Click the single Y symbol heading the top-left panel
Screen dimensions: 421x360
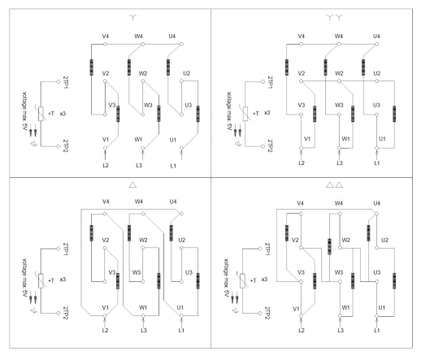pos(132,18)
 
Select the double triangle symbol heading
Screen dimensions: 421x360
pos(335,184)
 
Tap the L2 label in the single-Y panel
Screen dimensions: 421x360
pos(106,165)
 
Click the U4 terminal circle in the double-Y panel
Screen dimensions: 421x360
pos(377,44)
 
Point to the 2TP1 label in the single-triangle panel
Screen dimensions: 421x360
pos(65,249)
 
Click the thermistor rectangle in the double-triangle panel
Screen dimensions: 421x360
pos(242,281)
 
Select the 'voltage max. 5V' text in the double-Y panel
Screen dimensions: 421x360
pos(229,111)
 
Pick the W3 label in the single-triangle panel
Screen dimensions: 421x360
pos(137,272)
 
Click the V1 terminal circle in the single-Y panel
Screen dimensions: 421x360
pos(105,148)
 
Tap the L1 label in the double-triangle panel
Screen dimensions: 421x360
pos(377,330)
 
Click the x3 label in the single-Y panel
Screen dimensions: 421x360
pos(63,114)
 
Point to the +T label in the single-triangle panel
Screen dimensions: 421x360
pos(51,280)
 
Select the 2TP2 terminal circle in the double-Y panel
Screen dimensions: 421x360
pos(263,146)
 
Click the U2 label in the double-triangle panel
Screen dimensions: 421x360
pos(384,240)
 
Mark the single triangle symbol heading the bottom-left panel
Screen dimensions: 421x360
pos(132,184)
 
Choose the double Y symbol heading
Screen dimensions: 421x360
pos(335,18)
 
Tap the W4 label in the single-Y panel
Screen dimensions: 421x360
pos(139,36)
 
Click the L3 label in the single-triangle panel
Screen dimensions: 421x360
pos(144,330)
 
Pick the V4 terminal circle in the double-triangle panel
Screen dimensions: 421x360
pos(301,214)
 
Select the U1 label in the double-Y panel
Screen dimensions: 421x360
pos(382,139)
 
